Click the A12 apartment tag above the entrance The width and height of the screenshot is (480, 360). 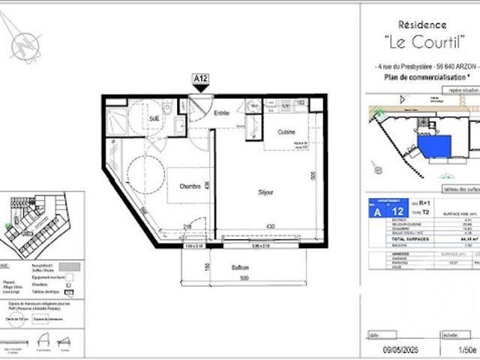coord(200,77)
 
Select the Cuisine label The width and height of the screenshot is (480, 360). coord(286,131)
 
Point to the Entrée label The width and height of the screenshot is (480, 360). coord(222,113)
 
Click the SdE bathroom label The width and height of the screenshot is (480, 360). coord(154,118)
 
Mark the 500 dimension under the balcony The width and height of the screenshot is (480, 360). coord(244,279)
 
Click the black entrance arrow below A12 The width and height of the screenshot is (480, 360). coord(200,88)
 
